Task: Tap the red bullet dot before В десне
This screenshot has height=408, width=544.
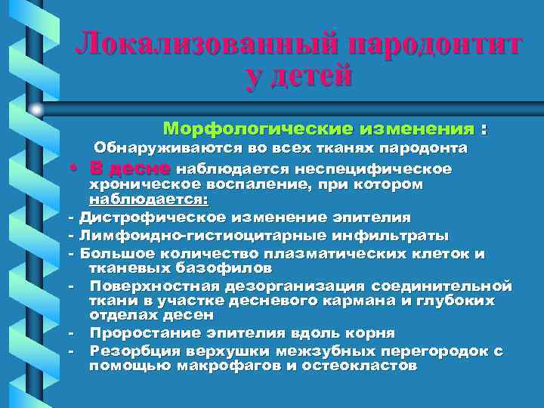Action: pyautogui.click(x=79, y=167)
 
